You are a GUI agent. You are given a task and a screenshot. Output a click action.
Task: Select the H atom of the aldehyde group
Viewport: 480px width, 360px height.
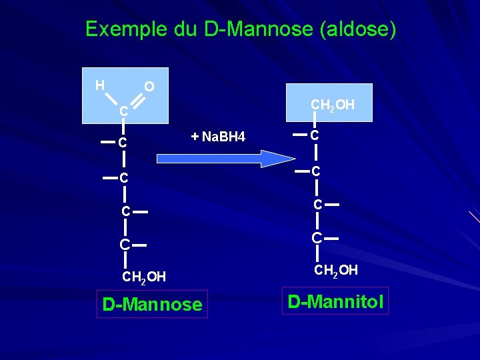pos(99,85)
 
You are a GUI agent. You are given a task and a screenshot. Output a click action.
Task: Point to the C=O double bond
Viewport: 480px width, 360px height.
pos(137,100)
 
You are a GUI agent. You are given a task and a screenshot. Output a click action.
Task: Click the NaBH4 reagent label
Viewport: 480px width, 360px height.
pos(223,137)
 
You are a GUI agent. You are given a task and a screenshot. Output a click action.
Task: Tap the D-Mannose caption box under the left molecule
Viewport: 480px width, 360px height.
pos(152,305)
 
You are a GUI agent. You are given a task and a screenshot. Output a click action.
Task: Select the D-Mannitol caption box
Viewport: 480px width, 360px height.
pos(335,301)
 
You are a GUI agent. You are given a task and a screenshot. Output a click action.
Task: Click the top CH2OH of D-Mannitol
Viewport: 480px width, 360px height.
pos(333,105)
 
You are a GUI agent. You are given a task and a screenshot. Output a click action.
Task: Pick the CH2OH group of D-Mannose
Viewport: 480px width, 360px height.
pos(144,277)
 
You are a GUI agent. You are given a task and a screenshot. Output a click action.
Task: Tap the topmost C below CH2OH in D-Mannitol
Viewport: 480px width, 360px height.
pos(315,135)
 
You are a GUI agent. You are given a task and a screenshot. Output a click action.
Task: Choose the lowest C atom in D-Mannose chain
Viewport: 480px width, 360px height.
pos(125,245)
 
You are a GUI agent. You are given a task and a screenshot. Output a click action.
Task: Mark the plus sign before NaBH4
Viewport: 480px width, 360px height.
pos(195,137)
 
